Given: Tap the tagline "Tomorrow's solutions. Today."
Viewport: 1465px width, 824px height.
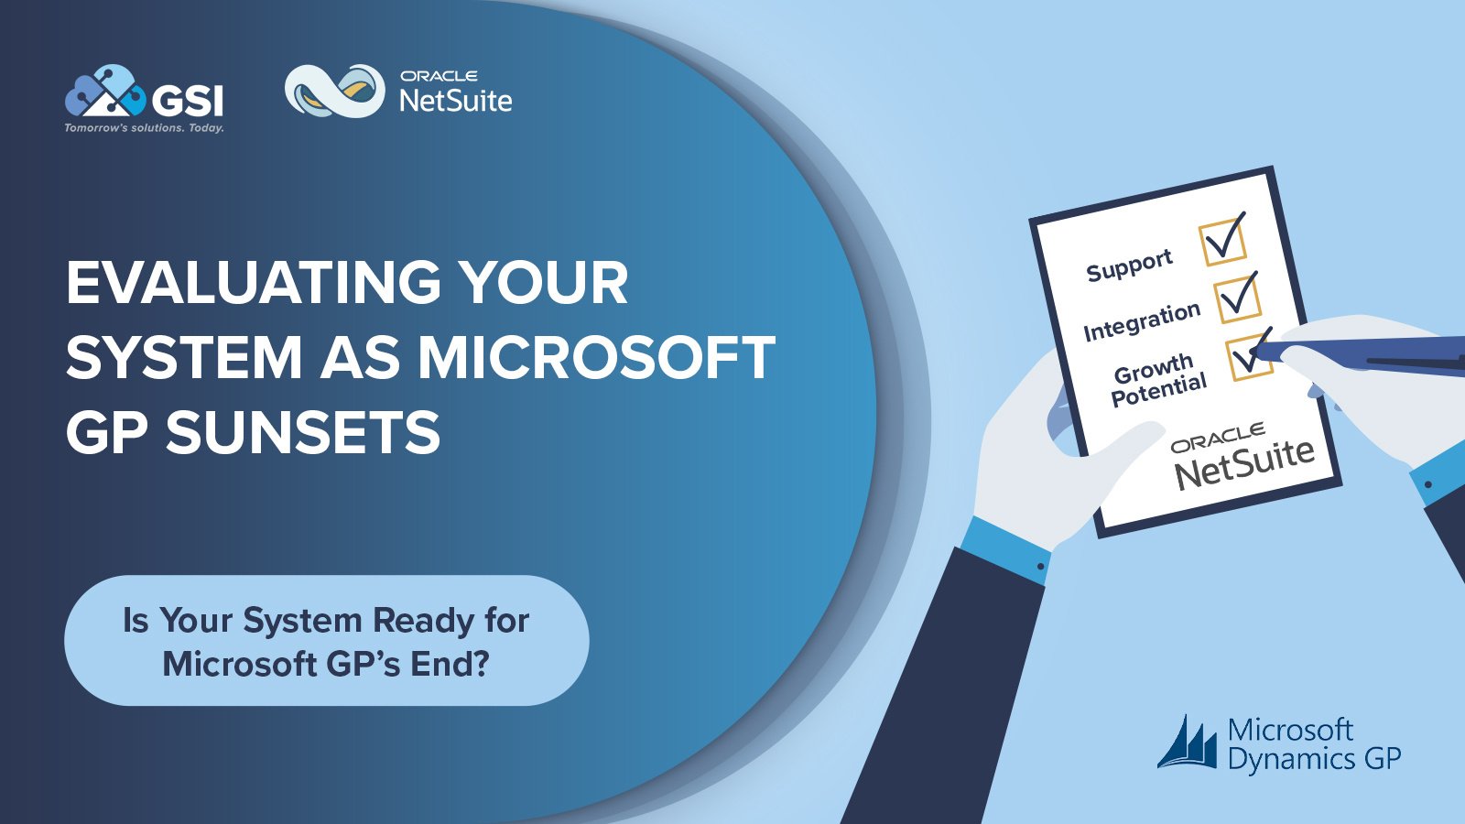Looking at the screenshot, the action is click(144, 127).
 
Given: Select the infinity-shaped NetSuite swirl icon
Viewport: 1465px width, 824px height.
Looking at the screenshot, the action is click(335, 91).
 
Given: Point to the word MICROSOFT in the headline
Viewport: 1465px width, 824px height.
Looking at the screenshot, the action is click(596, 357).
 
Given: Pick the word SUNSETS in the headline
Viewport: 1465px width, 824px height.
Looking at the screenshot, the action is click(303, 432).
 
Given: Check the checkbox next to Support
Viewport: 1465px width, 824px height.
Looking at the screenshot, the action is click(1221, 242).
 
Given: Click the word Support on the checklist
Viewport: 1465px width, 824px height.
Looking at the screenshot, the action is click(1130, 266).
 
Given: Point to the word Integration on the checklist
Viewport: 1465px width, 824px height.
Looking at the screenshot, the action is click(1142, 321).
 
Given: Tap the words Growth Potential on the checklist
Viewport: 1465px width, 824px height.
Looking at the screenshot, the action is click(1157, 379).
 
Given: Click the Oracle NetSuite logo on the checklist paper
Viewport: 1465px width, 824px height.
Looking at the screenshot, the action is click(1242, 457).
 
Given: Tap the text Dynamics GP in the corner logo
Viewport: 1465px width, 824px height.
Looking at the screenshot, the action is click(1314, 759).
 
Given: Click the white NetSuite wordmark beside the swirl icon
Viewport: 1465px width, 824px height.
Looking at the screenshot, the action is click(456, 101).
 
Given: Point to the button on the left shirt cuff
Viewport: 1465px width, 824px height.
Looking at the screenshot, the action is click(1040, 567).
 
